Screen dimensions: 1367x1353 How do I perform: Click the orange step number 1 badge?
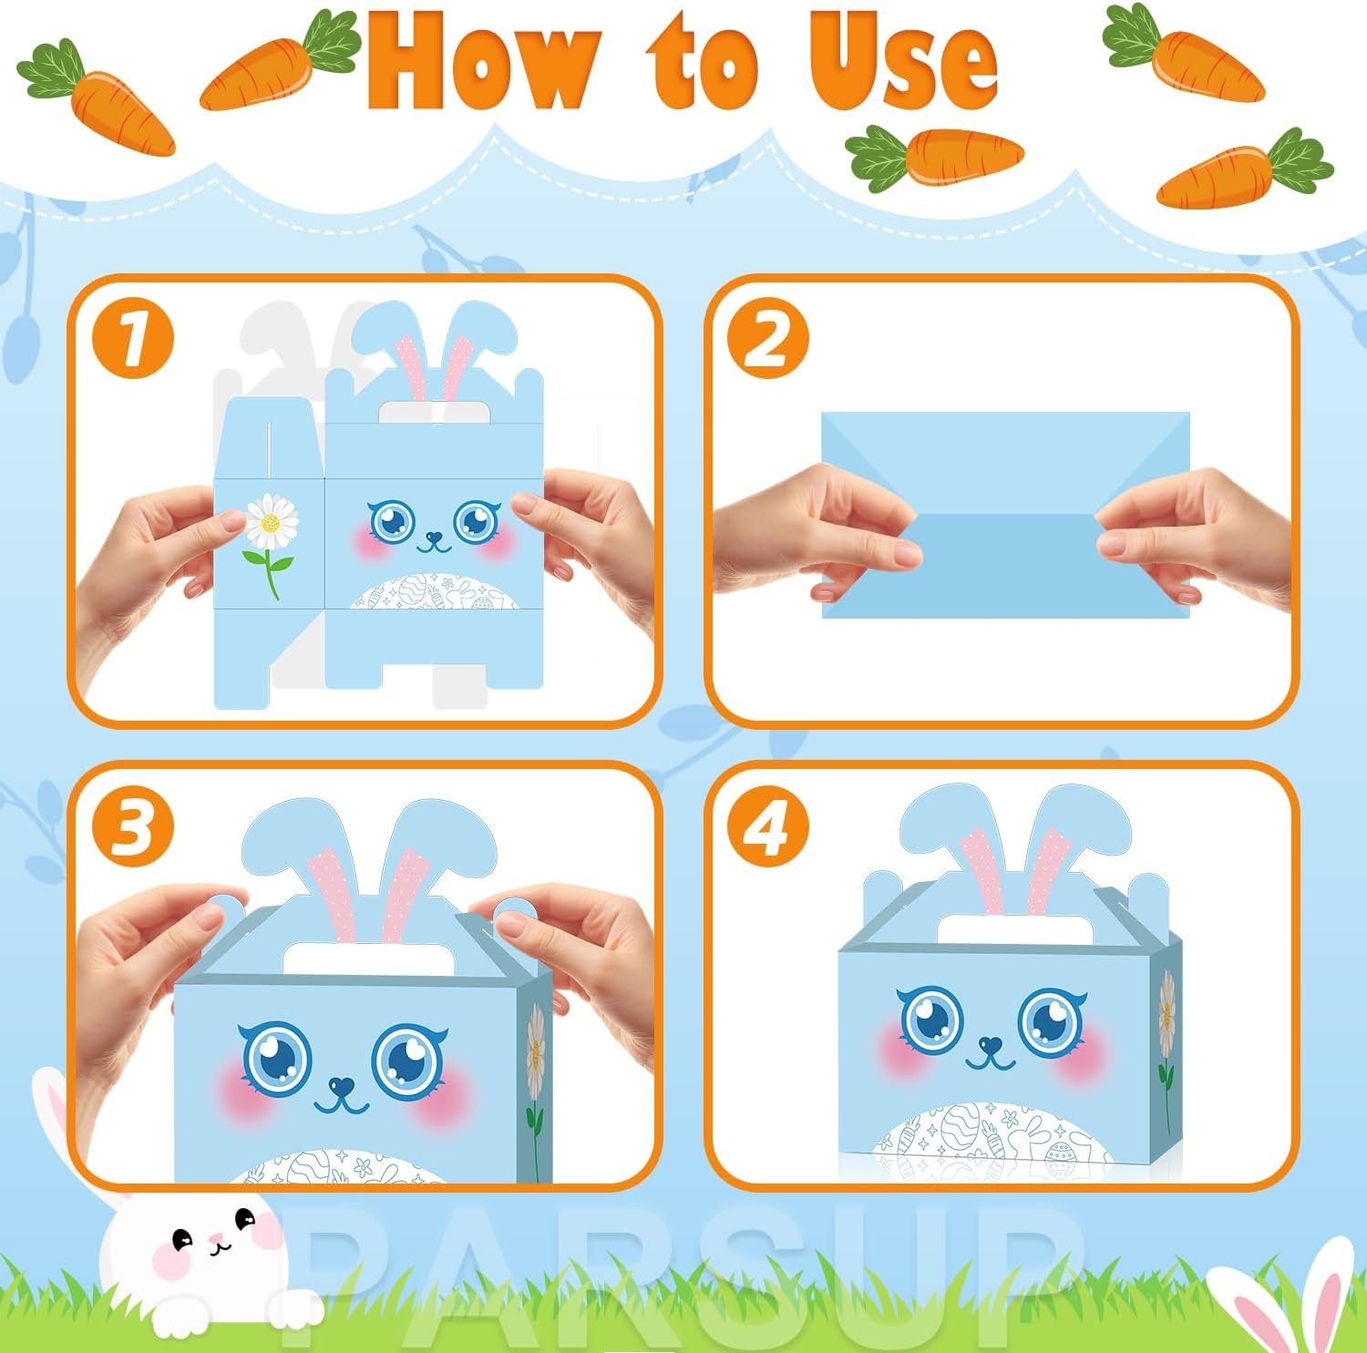(x=133, y=340)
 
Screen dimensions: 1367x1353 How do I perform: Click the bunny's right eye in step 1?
(x=473, y=520)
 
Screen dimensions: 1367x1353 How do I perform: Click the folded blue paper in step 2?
(x=1006, y=515)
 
